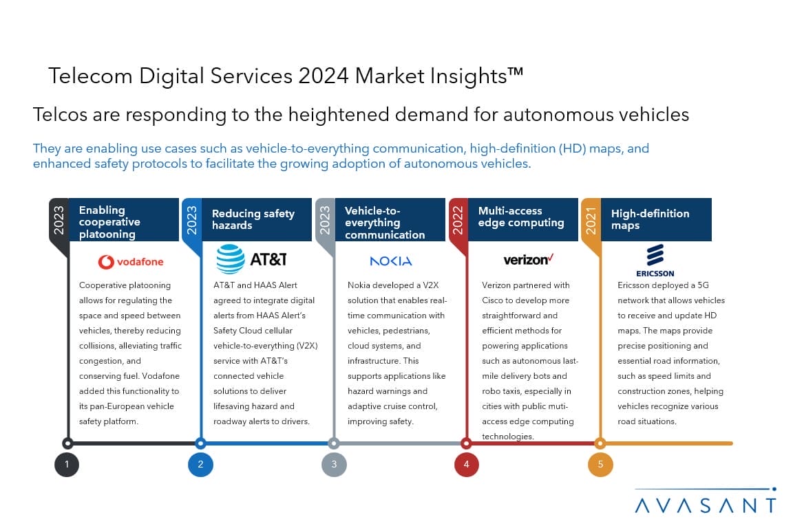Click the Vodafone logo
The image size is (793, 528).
point(131,262)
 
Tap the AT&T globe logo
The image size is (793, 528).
point(231,259)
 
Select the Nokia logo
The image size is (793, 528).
point(390,261)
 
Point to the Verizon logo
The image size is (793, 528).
point(529,260)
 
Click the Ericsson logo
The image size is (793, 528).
point(655,259)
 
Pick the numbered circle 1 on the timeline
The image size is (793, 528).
point(67,465)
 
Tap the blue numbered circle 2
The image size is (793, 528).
point(200,465)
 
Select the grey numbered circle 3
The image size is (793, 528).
point(334,465)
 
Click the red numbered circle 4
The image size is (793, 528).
point(467,465)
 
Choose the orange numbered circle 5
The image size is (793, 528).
point(600,465)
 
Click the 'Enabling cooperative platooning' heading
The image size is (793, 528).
point(109,222)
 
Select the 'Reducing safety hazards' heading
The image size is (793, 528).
point(253,219)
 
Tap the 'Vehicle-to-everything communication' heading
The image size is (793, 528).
point(384,222)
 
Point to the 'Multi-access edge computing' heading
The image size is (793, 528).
point(520,217)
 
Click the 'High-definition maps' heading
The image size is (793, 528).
point(650,219)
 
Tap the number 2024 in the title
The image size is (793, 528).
point(323,76)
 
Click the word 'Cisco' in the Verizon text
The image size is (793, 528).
point(495,300)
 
